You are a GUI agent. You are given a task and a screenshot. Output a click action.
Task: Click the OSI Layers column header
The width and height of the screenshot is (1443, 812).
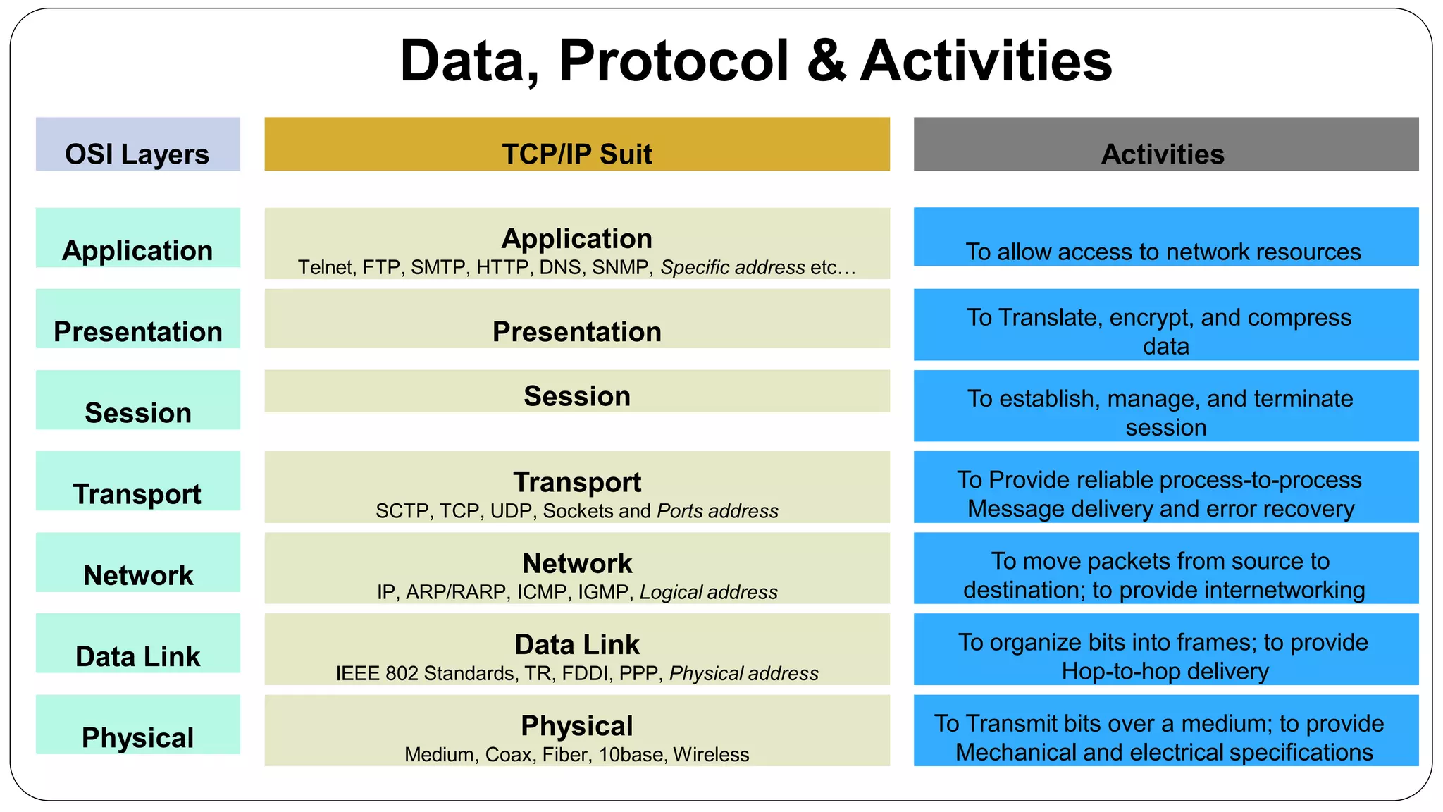tap(137, 145)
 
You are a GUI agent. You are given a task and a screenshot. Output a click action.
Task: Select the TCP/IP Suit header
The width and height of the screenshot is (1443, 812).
tap(576, 145)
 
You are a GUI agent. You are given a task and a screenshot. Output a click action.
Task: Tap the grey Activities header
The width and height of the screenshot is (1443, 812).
tap(1165, 145)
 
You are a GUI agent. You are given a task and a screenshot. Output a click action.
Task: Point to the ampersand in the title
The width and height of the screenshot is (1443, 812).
tap(826, 61)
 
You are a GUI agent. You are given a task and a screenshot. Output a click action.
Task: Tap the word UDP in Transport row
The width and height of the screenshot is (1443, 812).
tap(511, 511)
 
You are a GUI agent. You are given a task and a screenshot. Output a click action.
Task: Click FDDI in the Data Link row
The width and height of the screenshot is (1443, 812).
tap(586, 674)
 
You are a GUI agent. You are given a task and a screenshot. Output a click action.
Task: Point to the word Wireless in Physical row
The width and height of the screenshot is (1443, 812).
tap(711, 755)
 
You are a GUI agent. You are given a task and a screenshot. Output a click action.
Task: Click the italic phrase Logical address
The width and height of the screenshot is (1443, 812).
tap(708, 592)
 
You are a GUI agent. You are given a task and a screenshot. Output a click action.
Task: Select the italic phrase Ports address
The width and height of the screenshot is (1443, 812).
tap(717, 511)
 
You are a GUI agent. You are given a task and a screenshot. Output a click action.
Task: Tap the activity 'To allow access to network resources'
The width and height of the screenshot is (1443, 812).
tap(1163, 252)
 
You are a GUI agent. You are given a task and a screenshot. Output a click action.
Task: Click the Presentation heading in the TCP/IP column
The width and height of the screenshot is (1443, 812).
tap(576, 331)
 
